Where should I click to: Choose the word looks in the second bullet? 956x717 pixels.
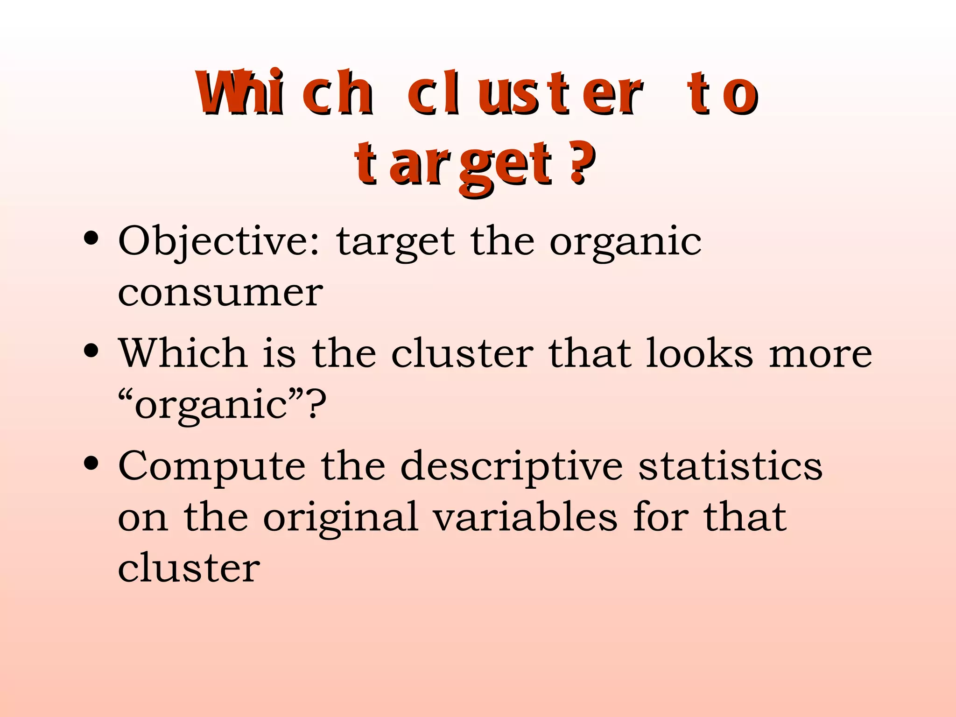(699, 353)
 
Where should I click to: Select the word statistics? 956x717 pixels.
(730, 466)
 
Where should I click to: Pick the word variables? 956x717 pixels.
(525, 517)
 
